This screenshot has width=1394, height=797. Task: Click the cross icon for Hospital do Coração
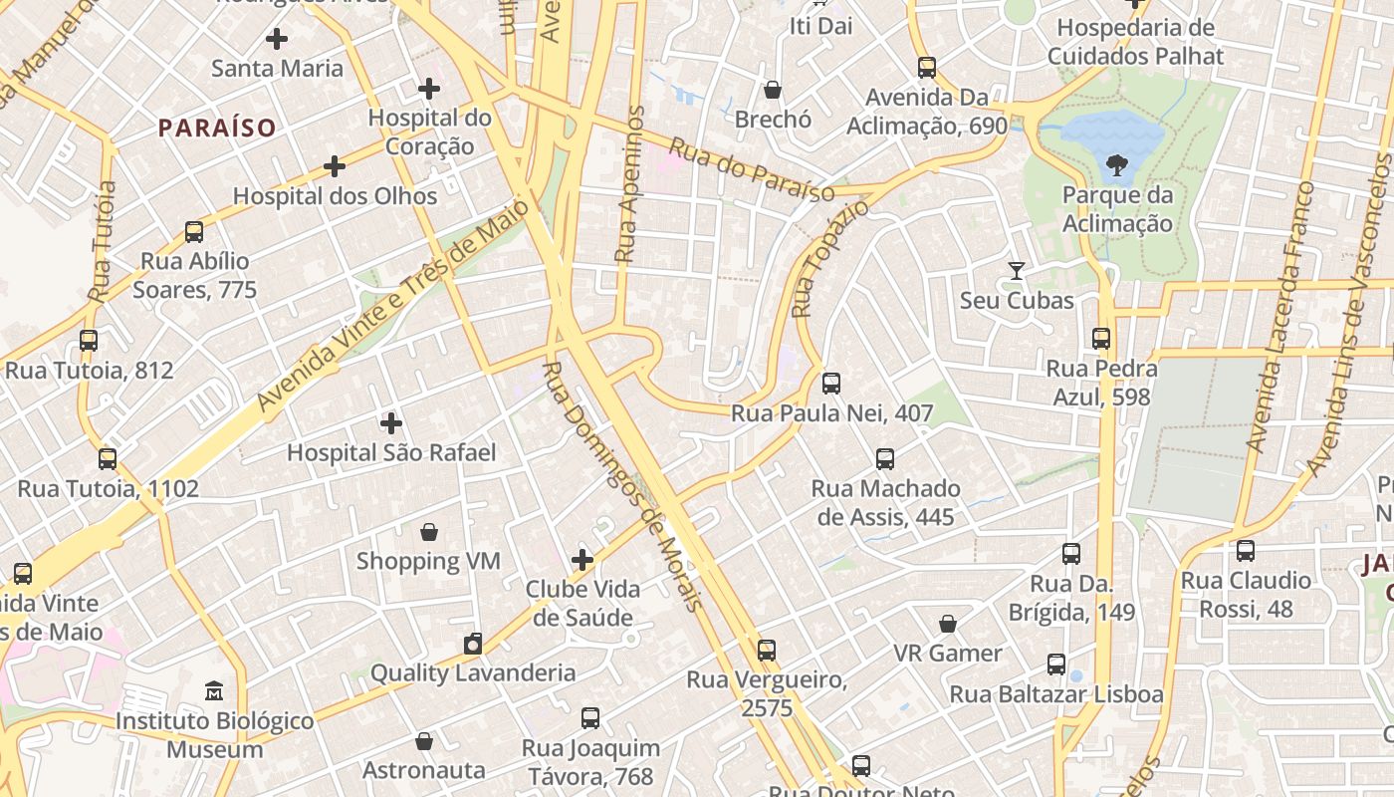(x=429, y=89)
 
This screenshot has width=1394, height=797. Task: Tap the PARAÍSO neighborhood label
(x=216, y=128)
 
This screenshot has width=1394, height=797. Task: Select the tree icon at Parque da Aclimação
(x=1117, y=165)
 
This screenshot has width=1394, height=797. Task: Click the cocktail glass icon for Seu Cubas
(x=1016, y=270)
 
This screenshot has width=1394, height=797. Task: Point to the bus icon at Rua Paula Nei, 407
(x=831, y=383)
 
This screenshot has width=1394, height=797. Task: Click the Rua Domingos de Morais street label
(x=623, y=487)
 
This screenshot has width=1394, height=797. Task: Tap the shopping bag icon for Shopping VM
(x=429, y=532)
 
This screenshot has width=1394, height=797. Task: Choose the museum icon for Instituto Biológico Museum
(x=214, y=690)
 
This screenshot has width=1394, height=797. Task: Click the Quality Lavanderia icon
(x=473, y=644)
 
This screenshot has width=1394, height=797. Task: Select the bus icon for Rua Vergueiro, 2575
(x=766, y=651)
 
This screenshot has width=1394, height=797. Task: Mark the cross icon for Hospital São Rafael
(x=391, y=423)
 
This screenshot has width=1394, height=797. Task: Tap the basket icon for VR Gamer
(x=948, y=624)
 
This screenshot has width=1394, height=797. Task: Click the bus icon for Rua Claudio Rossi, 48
(x=1245, y=551)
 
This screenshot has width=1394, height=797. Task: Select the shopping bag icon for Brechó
(x=773, y=90)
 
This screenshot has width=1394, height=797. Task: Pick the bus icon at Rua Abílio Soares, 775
(x=194, y=232)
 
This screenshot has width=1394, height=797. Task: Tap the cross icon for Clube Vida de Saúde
(x=582, y=560)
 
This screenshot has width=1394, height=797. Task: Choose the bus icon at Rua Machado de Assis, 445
(x=885, y=459)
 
